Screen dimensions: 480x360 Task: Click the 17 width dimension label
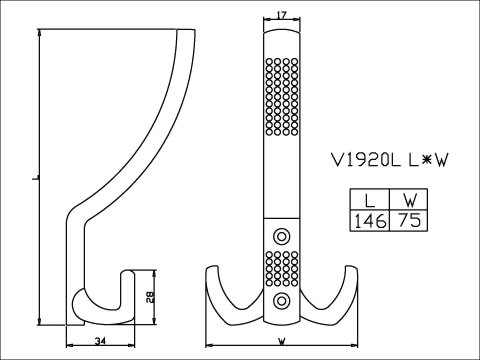pyautogui.click(x=282, y=15)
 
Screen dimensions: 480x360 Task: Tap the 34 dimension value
pyautogui.click(x=100, y=341)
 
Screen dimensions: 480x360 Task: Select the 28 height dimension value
pyautogui.click(x=150, y=297)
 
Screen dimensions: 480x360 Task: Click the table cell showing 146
pyautogui.click(x=370, y=221)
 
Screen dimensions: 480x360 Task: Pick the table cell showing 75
pyautogui.click(x=409, y=220)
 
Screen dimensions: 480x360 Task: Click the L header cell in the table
pyautogui.click(x=370, y=200)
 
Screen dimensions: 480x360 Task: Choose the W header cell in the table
pyautogui.click(x=409, y=200)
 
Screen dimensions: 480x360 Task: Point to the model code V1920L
pyautogui.click(x=365, y=160)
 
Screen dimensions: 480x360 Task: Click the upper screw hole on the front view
pyautogui.click(x=282, y=237)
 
